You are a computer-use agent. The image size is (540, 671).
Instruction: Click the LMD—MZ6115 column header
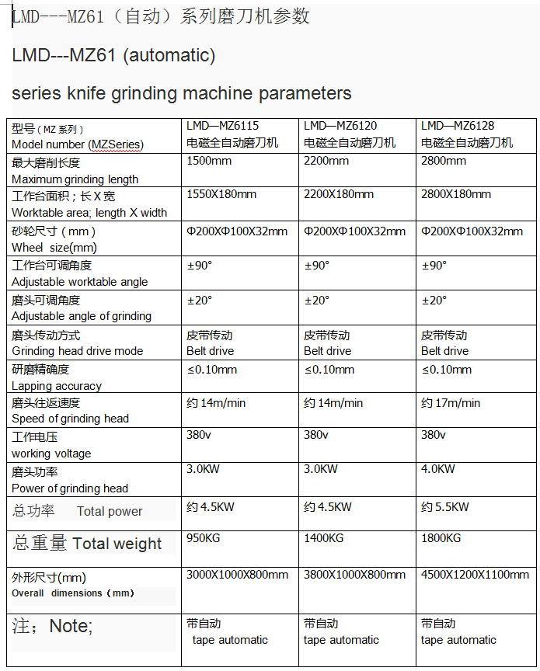(x=222, y=126)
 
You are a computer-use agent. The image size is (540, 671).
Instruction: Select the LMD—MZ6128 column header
(x=458, y=126)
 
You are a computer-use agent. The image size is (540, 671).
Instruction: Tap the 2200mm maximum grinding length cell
(x=326, y=161)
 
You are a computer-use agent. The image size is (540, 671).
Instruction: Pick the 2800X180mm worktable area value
(x=456, y=194)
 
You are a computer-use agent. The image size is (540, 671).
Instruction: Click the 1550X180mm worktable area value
(x=221, y=194)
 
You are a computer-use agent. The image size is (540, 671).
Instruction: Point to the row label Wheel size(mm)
(x=54, y=248)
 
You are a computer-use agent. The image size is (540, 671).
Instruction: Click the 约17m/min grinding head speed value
(x=451, y=403)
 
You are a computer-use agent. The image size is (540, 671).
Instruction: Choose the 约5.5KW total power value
(x=445, y=507)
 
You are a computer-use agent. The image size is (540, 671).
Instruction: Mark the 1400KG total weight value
(x=324, y=538)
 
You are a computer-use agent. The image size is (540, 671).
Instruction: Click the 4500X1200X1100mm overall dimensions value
(x=475, y=575)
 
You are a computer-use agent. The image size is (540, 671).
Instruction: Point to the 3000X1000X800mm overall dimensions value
(x=237, y=575)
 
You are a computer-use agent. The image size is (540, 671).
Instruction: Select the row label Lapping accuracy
(x=57, y=386)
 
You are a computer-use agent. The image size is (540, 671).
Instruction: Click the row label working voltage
(x=51, y=454)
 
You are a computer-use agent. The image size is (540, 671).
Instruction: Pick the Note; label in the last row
(x=70, y=626)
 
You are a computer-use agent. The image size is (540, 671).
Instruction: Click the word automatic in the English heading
(x=169, y=56)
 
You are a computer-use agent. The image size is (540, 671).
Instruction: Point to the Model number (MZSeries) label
(x=78, y=144)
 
